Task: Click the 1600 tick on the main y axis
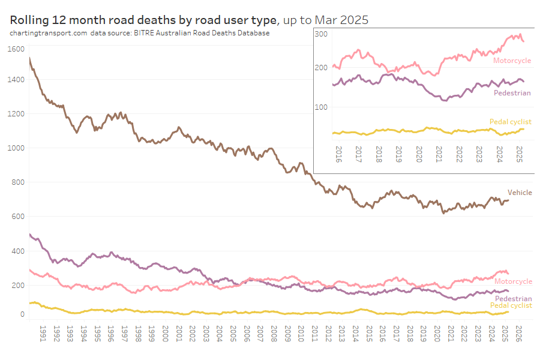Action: [x=17, y=49]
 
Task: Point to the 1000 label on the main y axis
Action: [x=17, y=148]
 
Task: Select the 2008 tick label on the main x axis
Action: [x=274, y=334]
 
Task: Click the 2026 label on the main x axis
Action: [x=520, y=334]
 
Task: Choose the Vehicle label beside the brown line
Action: [x=520, y=193]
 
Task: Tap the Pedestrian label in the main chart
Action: [x=513, y=298]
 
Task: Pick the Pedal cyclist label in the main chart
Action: [x=511, y=305]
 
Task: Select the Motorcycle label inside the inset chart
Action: [x=512, y=61]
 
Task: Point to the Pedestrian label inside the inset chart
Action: [x=512, y=93]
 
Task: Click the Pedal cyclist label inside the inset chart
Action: [x=511, y=122]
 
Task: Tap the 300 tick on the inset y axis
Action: [x=320, y=34]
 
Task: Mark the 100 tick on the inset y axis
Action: [x=320, y=107]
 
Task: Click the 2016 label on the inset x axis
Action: [x=339, y=155]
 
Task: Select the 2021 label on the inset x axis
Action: [x=439, y=155]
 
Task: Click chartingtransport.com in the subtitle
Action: [x=48, y=33]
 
